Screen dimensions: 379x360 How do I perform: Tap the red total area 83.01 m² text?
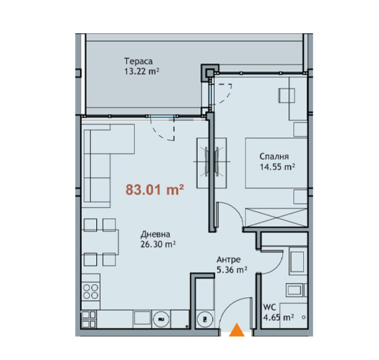[x=155, y=190]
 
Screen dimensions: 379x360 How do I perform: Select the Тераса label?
[x=138, y=61]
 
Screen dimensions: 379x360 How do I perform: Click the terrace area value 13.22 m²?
[x=141, y=71]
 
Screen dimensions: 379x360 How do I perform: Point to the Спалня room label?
[x=274, y=156]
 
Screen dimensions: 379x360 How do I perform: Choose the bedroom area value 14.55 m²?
[x=277, y=167]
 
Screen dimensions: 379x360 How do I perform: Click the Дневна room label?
[x=155, y=234]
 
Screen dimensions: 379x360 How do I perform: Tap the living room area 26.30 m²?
[x=158, y=244]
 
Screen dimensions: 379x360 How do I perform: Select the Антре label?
[x=229, y=260]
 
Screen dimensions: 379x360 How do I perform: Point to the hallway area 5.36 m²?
[x=232, y=270]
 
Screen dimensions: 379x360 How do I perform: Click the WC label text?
[x=270, y=307]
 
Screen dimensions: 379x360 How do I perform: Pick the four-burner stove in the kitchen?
[x=91, y=292]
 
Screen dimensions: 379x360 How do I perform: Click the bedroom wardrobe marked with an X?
[x=276, y=217]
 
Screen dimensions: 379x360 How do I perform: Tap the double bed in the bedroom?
[x=276, y=163]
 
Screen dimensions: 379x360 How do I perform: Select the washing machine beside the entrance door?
[x=205, y=319]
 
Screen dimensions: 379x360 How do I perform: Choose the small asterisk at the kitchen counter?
[x=187, y=326]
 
